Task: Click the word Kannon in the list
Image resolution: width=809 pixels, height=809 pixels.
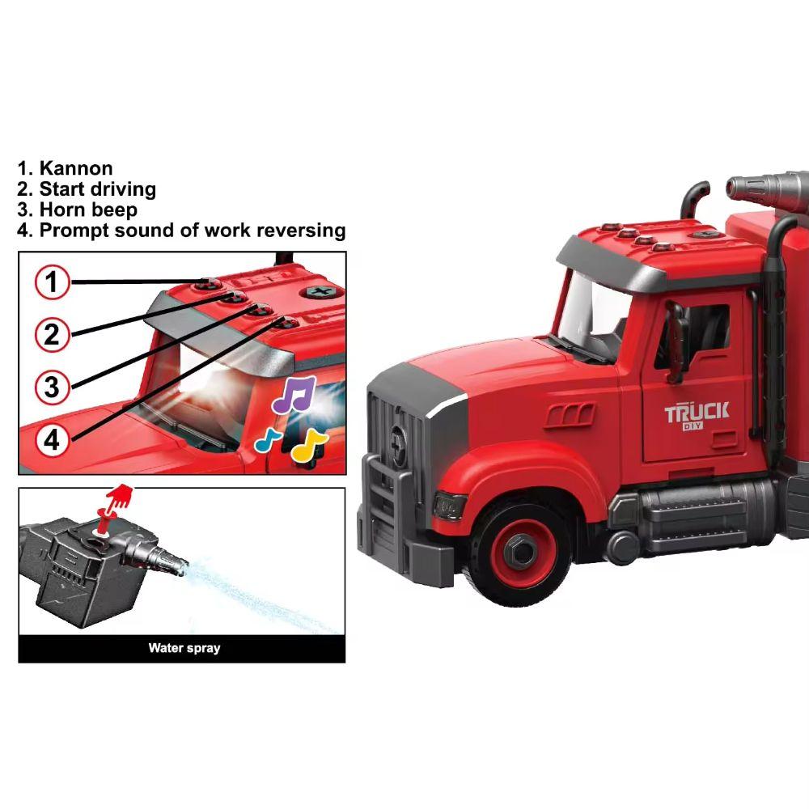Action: pos(76,168)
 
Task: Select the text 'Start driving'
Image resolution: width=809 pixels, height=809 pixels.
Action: pos(97,189)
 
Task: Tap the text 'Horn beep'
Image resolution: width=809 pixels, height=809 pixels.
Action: pos(88,210)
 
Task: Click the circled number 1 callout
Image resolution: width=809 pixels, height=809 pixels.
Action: pos(52,282)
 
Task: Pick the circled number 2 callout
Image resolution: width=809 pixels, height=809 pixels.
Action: pos(52,333)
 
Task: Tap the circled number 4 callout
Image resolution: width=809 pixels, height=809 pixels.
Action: pos(52,439)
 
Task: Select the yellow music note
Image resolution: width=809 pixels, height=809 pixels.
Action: pos(307,444)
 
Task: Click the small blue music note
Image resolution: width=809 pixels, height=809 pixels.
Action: pos(268,439)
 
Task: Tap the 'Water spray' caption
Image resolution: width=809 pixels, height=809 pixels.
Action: pos(184,648)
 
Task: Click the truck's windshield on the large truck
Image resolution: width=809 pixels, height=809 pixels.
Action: pos(587,311)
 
